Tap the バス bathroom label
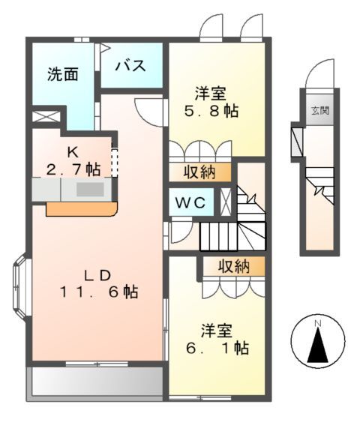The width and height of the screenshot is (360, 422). (x=130, y=64)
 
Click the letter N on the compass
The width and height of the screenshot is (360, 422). (x=318, y=323)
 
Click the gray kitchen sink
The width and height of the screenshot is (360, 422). (x=89, y=190)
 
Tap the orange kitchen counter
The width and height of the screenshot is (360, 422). (x=80, y=208)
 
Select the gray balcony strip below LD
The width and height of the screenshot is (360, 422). (x=96, y=382)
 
